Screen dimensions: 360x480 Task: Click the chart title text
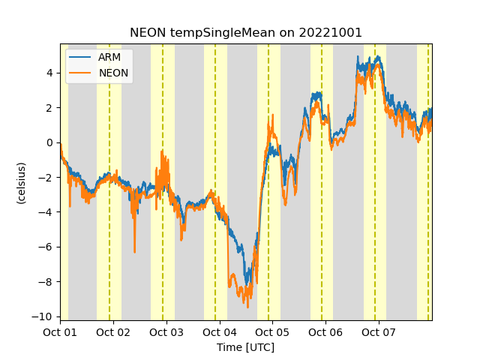coord(246,33)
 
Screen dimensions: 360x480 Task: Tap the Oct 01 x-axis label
coord(60,332)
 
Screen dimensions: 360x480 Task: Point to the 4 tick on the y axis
coord(49,73)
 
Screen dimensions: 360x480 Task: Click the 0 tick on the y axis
coord(49,142)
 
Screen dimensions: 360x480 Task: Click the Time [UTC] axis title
coord(245,347)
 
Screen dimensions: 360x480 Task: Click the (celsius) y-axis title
coord(22,182)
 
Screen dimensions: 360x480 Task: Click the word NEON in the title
coord(147,33)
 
